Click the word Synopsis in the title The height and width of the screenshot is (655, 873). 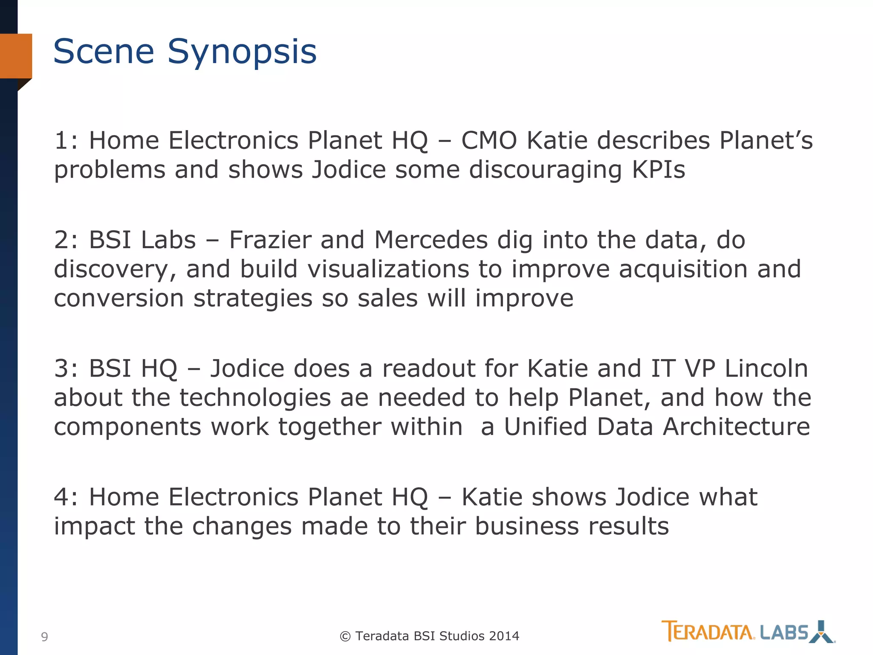242,52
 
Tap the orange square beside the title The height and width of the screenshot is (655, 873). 16,56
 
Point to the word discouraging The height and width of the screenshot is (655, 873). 546,170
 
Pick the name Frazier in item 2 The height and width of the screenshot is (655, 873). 270,240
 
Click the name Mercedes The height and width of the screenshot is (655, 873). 431,240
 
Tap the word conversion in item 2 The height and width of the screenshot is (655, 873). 119,298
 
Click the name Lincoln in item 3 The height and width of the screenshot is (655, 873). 766,368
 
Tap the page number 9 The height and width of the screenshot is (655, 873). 44,637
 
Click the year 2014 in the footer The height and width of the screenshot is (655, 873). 504,636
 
